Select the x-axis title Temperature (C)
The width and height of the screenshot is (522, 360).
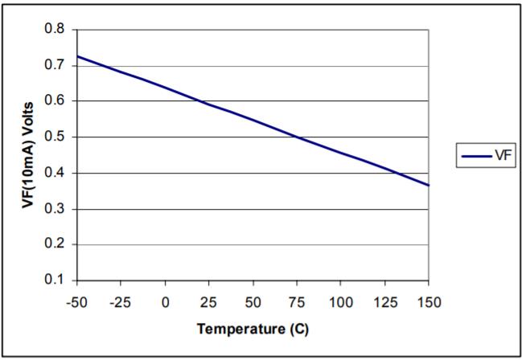pos(253,329)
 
